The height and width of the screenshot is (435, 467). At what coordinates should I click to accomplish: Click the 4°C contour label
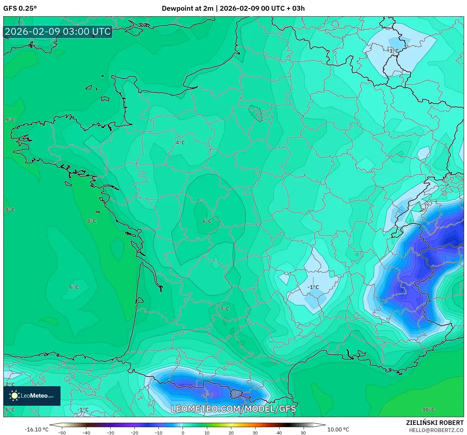pyautogui.click(x=180, y=142)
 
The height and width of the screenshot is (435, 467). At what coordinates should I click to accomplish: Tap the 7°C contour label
pyautogui.click(x=225, y=309)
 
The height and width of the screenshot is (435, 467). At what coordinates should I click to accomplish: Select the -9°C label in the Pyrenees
pyautogui.click(x=207, y=395)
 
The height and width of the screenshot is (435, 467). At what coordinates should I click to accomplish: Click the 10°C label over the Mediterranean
pyautogui.click(x=428, y=410)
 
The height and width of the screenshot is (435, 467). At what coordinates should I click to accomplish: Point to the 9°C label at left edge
pyautogui.click(x=10, y=120)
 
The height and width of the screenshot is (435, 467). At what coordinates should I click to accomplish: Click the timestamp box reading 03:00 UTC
pyautogui.click(x=58, y=32)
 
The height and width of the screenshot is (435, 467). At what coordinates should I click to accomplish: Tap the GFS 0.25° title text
pyautogui.click(x=20, y=8)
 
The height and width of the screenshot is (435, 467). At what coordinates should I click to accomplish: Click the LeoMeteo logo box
pyautogui.click(x=32, y=396)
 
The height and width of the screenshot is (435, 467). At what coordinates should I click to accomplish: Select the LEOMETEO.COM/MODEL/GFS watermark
pyautogui.click(x=233, y=409)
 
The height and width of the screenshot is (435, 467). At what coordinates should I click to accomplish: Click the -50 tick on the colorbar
pyautogui.click(x=62, y=432)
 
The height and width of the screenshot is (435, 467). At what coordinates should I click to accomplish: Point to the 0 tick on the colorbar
pyautogui.click(x=183, y=432)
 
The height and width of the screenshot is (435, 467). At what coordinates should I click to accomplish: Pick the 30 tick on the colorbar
pyautogui.click(x=255, y=432)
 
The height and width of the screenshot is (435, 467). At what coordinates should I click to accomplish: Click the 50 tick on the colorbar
pyautogui.click(x=303, y=432)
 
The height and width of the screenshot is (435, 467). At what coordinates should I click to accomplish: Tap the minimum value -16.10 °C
pyautogui.click(x=36, y=429)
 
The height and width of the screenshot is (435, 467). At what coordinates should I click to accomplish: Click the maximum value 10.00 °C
pyautogui.click(x=338, y=429)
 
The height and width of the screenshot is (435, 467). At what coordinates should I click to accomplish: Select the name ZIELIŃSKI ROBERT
pyautogui.click(x=435, y=423)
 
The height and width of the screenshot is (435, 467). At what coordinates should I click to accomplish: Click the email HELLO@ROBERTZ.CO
pyautogui.click(x=436, y=430)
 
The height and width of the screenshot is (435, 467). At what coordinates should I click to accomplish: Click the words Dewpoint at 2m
pyautogui.click(x=187, y=8)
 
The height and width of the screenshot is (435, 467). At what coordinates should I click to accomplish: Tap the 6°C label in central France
pyautogui.click(x=207, y=221)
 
